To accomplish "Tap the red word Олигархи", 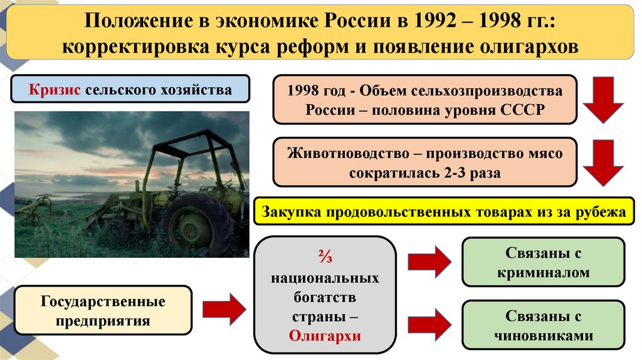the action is (x=325, y=336).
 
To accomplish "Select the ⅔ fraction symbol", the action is (x=325, y=258).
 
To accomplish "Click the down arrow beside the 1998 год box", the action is (x=604, y=99).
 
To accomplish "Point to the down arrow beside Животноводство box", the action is (x=604, y=162).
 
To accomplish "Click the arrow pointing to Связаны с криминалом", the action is (x=429, y=262).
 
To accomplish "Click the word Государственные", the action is (x=103, y=302).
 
